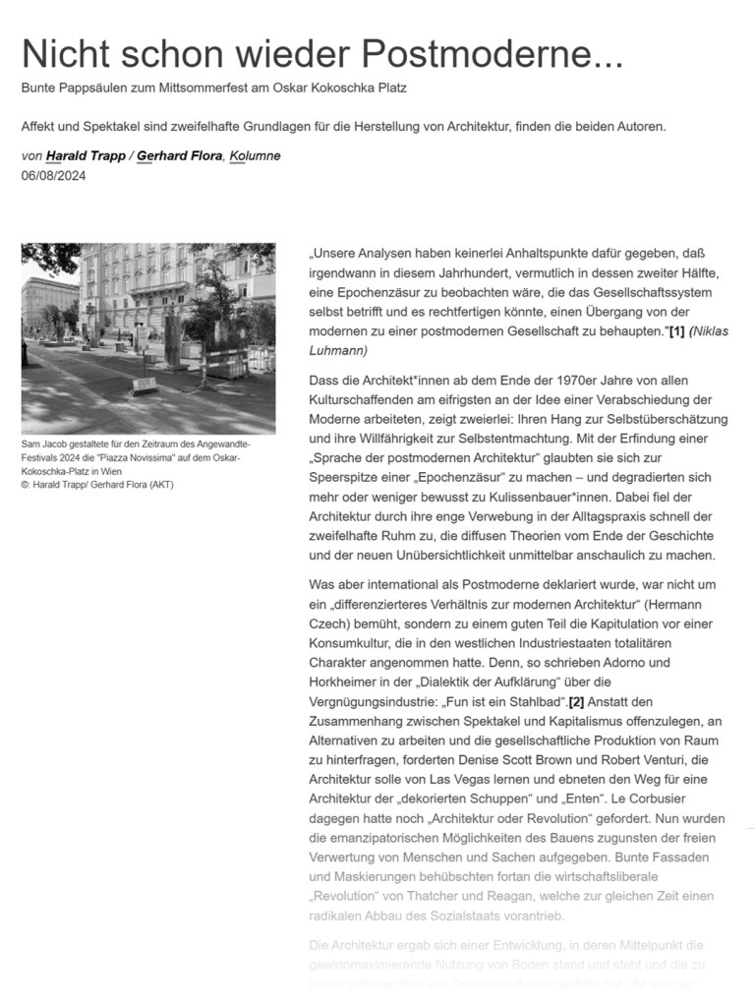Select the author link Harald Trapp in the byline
[x=87, y=156]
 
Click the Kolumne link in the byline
[x=255, y=156]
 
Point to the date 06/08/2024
[x=54, y=175]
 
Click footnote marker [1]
[x=676, y=332]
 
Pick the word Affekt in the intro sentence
[x=43, y=127]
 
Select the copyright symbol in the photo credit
[x=26, y=485]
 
